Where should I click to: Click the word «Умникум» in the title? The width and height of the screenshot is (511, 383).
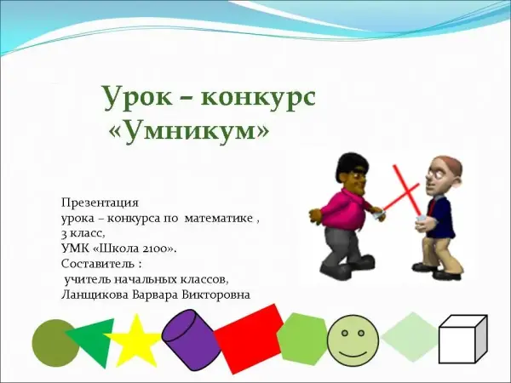(x=190, y=130)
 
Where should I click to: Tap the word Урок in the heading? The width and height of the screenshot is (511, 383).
(x=137, y=97)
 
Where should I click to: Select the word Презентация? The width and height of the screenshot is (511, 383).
(x=100, y=203)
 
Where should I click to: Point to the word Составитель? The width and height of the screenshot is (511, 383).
(x=97, y=264)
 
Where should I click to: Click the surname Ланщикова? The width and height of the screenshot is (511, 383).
(x=95, y=294)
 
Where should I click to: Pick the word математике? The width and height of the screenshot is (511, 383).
(x=219, y=219)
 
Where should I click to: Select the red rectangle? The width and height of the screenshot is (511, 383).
(x=250, y=339)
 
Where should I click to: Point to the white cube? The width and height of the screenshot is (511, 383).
(x=462, y=340)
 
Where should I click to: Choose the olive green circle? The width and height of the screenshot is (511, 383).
(x=55, y=343)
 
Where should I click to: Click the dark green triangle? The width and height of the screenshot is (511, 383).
(x=95, y=340)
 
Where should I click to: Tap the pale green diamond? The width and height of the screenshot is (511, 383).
(x=411, y=337)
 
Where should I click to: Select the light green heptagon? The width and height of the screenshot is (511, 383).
(x=302, y=339)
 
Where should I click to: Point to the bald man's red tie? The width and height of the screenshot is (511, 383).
(x=432, y=208)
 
